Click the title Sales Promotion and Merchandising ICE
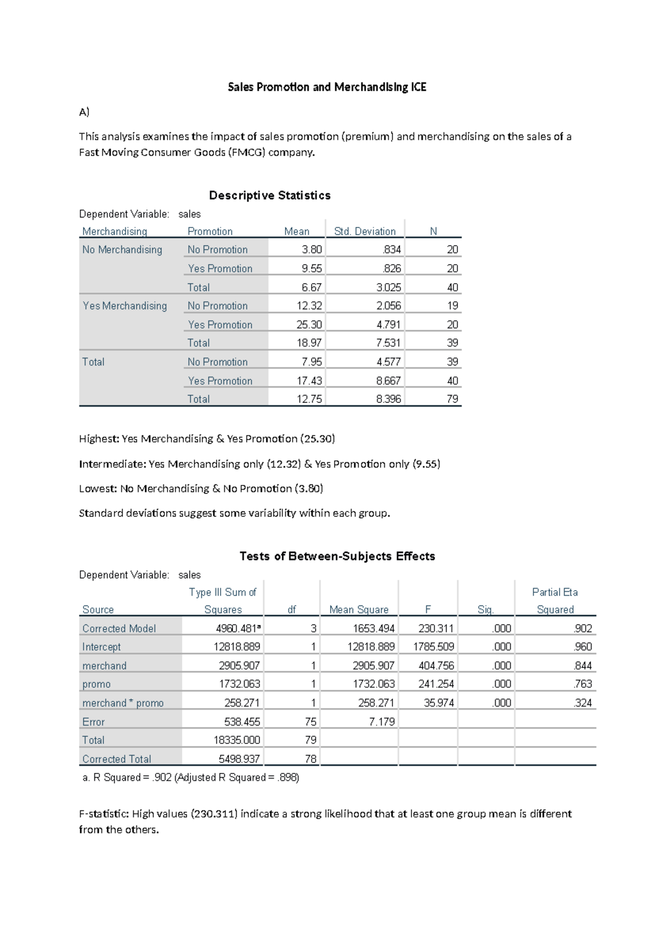point(326,87)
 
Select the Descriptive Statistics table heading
point(270,195)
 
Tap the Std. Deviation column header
point(365,231)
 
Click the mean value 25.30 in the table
point(309,325)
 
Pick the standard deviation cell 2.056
point(388,306)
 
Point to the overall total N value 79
point(452,399)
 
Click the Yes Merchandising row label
point(124,306)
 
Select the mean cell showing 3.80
point(312,250)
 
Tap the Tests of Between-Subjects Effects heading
point(337,556)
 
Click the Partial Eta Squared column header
point(555,600)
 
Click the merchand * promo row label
point(123,703)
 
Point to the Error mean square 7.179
point(382,722)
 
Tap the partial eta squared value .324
point(582,703)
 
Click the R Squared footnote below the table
point(190,778)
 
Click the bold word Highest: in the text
point(99,439)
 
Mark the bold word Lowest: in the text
point(98,489)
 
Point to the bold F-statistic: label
point(104,814)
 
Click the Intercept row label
point(102,647)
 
